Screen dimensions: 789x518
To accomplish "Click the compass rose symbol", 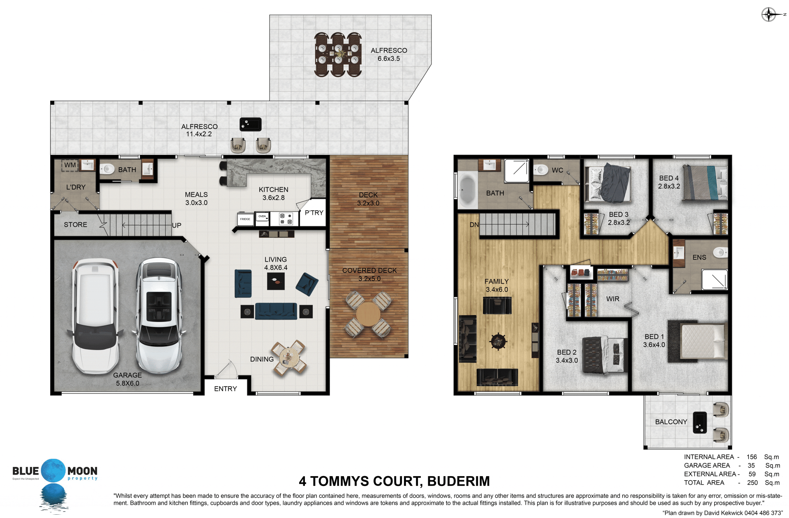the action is (768, 14).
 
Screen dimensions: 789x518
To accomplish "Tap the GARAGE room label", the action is (127, 375).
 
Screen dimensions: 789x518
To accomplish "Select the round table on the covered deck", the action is (368, 314).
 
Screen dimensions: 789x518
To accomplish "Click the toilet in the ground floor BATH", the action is (107, 169).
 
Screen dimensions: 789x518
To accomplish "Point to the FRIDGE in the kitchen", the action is (245, 219).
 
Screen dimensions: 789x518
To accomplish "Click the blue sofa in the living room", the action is (276, 311).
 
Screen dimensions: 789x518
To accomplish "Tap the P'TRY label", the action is (314, 213).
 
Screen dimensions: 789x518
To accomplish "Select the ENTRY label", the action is (226, 389).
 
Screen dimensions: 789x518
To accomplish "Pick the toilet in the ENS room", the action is (720, 252).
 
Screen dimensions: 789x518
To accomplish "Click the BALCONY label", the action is (671, 422).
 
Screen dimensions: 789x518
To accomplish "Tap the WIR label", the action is (613, 299).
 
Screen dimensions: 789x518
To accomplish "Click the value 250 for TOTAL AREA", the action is (752, 483).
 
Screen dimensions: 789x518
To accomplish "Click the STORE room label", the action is (76, 225).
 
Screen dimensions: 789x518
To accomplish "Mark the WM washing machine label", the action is (70, 165).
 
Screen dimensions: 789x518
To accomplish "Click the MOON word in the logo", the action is (82, 471).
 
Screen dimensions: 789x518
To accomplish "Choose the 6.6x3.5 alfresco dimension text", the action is (389, 59).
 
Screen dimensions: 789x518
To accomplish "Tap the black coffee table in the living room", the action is (276, 281).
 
